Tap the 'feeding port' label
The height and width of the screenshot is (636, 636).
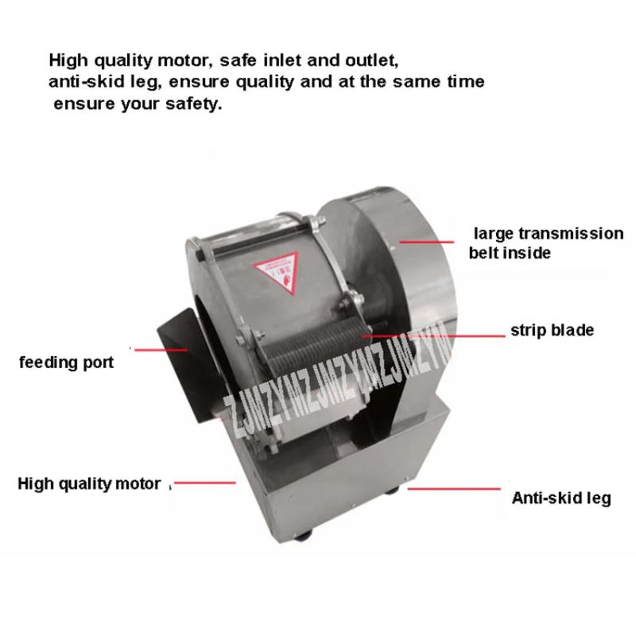pyautogui.click(x=67, y=363)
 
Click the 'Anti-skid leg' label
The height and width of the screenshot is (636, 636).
pyautogui.click(x=560, y=499)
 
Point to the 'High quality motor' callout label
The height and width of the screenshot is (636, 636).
pyautogui.click(x=89, y=483)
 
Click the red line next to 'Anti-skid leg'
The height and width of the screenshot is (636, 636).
pyautogui.click(x=454, y=490)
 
